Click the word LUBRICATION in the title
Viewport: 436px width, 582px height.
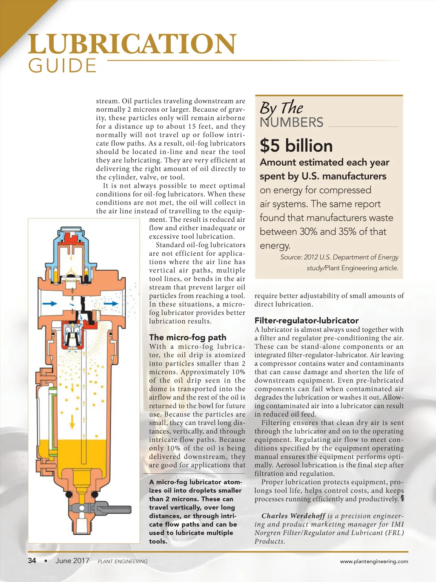(132, 44)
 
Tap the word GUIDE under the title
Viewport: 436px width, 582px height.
(62, 66)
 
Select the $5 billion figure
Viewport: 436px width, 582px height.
(296, 146)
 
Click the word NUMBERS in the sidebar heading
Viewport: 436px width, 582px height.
(292, 122)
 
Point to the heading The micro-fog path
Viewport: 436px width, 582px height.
(188, 337)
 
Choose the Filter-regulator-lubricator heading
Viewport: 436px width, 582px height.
(307, 321)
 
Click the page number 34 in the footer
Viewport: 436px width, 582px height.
(32, 561)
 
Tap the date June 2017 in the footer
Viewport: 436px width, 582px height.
(72, 561)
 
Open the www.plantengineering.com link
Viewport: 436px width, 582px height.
(374, 562)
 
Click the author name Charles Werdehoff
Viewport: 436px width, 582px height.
(293, 516)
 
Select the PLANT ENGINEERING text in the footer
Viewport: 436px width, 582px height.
(123, 562)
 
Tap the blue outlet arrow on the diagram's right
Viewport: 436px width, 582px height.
(111, 304)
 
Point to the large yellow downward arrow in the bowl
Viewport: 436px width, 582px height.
(72, 421)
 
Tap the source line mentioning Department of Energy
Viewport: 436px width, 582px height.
(339, 257)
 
